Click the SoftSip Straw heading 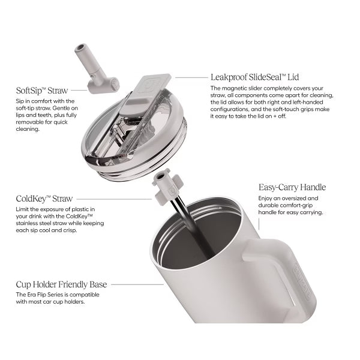tap(42, 91)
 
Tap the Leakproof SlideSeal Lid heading tap(255, 77)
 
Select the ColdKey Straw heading tap(44, 199)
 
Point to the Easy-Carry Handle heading tap(292, 187)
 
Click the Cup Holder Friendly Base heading tap(61, 284)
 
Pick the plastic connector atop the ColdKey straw tap(167, 187)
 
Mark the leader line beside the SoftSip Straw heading tap(79, 90)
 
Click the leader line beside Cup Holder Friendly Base tap(137, 284)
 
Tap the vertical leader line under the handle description tap(259, 224)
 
